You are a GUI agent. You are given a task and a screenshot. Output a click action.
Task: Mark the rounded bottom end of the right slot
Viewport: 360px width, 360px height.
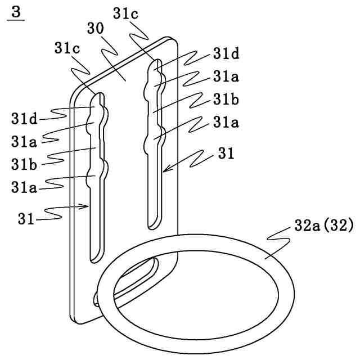click(x=152, y=226)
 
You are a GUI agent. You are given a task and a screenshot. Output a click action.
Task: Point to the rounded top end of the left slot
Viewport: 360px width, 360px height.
click(x=98, y=96)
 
